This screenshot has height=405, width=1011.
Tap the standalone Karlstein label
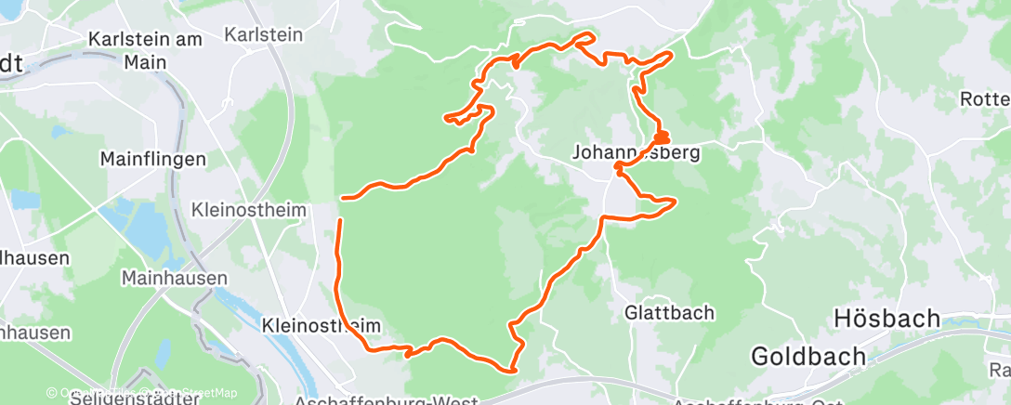pyautogui.click(x=264, y=34)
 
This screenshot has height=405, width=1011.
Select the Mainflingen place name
pyautogui.click(x=152, y=159)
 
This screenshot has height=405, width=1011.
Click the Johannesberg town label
pyautogui.click(x=636, y=151)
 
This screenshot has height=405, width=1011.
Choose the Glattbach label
pyautogui.click(x=669, y=312)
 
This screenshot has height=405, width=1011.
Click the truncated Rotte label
pyautogui.click(x=985, y=99)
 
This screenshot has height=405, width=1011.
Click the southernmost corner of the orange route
pyautogui.click(x=513, y=370)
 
